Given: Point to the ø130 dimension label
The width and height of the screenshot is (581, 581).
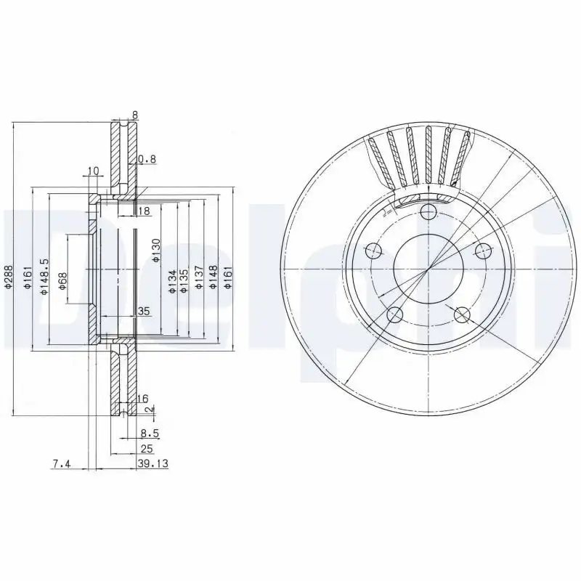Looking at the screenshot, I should click(155, 251).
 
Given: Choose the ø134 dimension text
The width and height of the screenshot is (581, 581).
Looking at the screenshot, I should click(171, 280).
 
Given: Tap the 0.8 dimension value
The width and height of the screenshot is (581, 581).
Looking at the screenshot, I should click(147, 159).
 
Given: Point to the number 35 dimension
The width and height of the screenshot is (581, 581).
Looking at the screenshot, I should click(143, 312).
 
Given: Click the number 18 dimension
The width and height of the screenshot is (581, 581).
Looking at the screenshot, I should click(143, 211).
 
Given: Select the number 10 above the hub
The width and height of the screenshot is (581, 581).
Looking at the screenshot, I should click(92, 171).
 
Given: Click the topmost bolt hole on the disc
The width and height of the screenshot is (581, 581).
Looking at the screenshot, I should click(428, 211).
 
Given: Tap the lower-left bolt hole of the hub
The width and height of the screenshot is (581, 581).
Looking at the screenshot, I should click(395, 314).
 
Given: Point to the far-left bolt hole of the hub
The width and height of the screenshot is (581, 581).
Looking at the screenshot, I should click(374, 251).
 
